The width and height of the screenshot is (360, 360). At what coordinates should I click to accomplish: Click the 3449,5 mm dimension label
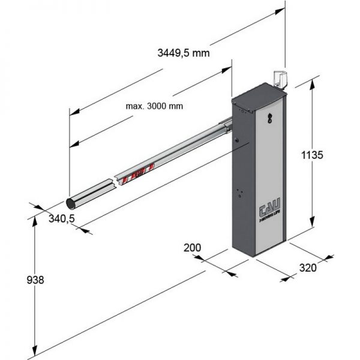pos(183,53)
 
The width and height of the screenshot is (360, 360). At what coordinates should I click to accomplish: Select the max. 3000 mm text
pos(154,106)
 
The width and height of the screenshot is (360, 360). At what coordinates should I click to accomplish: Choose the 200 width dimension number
pos(193,247)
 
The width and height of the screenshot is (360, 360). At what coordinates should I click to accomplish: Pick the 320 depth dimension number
pos(307,268)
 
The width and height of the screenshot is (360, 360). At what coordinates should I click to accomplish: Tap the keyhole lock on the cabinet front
pos(269,118)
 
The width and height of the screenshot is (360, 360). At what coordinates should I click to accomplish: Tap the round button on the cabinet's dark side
pos(238,139)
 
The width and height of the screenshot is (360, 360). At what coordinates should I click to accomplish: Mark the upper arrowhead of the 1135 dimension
pos(312,83)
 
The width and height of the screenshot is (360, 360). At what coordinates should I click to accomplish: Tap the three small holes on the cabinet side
pos(239,193)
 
